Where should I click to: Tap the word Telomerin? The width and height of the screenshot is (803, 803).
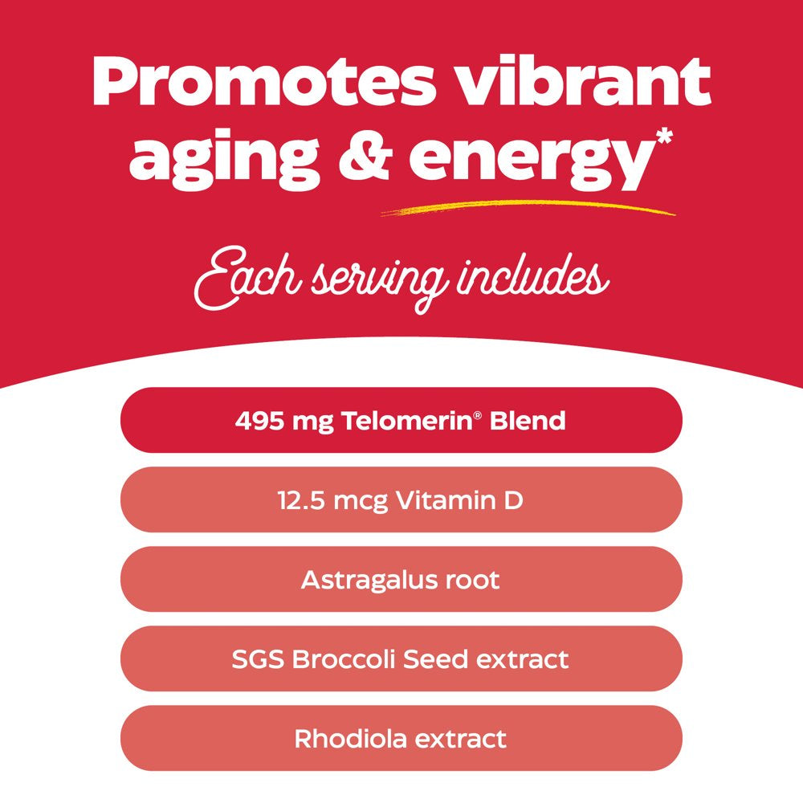pos(393,421)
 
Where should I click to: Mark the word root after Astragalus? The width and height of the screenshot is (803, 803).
pos(473,580)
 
